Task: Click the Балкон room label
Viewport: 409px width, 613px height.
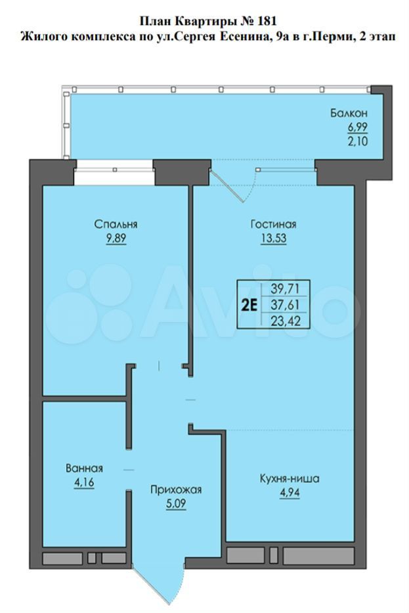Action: click(349, 114)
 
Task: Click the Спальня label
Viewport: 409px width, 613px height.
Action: click(116, 225)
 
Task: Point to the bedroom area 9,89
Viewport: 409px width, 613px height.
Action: click(116, 238)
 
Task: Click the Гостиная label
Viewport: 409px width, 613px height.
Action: click(273, 225)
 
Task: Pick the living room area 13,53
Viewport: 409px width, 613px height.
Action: click(274, 238)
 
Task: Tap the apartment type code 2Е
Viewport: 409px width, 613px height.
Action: click(249, 304)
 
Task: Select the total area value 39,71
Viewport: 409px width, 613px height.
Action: click(285, 289)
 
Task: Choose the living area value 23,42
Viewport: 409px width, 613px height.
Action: click(285, 321)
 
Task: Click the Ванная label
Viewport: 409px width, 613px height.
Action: click(85, 468)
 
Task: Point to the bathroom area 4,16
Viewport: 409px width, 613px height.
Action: click(85, 482)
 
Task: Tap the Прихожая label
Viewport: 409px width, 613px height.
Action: click(176, 489)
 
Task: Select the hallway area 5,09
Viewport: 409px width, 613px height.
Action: click(176, 503)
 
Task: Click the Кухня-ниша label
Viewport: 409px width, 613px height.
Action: click(290, 478)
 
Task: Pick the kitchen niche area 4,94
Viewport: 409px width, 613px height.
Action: click(290, 493)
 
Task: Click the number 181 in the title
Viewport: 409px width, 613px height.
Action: click(268, 20)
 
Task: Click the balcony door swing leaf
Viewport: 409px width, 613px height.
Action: click(226, 186)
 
